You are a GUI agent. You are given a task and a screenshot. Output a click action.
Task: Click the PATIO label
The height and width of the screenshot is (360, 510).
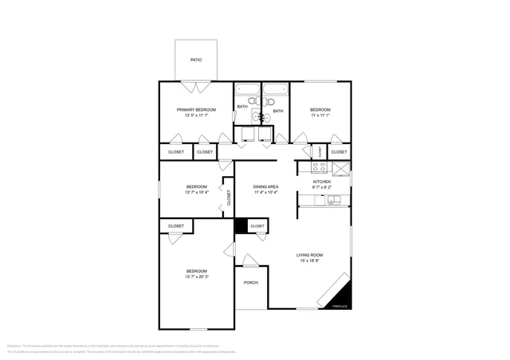coord(195,60)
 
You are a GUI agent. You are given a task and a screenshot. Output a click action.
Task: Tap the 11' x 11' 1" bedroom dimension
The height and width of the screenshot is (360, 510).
coord(320,115)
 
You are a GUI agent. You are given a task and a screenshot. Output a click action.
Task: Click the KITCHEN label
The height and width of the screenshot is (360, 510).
coord(321,182)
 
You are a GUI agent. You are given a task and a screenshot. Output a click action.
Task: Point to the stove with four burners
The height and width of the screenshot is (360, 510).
coord(319,167)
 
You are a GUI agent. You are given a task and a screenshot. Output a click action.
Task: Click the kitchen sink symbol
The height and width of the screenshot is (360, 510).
coord(335,200)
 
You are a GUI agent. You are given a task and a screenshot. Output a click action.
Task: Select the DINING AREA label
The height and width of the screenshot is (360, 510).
coord(265,186)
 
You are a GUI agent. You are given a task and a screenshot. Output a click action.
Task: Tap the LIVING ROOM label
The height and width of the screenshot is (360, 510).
coord(310,254)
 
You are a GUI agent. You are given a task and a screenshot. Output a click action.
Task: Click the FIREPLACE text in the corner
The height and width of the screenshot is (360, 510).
coord(339,306)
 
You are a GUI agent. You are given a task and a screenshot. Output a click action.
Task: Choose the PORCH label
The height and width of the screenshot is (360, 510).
coord(251,282)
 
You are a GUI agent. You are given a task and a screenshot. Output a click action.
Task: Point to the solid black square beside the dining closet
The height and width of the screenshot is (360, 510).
coord(241,226)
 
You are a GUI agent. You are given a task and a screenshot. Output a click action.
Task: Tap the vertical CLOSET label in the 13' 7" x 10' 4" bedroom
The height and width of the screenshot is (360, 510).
coord(229,198)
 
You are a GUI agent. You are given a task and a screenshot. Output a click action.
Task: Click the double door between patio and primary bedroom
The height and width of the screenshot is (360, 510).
coord(195,84)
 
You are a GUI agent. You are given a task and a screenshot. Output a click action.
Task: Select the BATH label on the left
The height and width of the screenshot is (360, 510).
coord(241,107)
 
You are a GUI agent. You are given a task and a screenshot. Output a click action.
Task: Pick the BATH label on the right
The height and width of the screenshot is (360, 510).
coord(278,111)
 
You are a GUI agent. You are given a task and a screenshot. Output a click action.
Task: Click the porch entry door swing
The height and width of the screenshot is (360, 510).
coord(250,260)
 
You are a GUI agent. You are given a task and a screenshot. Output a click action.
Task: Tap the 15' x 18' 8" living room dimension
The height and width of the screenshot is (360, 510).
coord(310,260)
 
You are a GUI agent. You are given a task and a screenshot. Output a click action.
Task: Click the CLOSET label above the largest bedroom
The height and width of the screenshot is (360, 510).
coord(176,226)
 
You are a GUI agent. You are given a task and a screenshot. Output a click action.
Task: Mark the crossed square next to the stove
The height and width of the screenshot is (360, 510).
coord(340,167)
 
